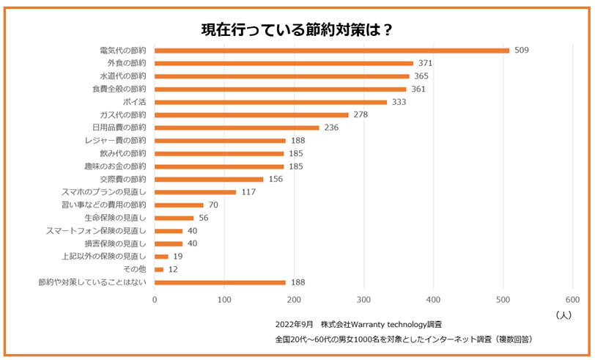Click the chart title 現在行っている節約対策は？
(297, 30)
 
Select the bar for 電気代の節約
(332, 51)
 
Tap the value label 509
(521, 51)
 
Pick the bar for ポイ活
(271, 102)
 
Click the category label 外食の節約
(127, 63)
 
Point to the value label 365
(421, 76)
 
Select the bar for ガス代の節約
(252, 115)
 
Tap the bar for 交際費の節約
(209, 179)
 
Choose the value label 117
(248, 192)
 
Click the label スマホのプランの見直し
(104, 192)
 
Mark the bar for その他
(159, 269)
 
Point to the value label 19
(178, 257)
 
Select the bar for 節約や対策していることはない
(220, 282)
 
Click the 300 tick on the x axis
(363, 300)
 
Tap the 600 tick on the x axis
(572, 300)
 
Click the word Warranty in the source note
(371, 324)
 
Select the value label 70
(213, 205)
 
